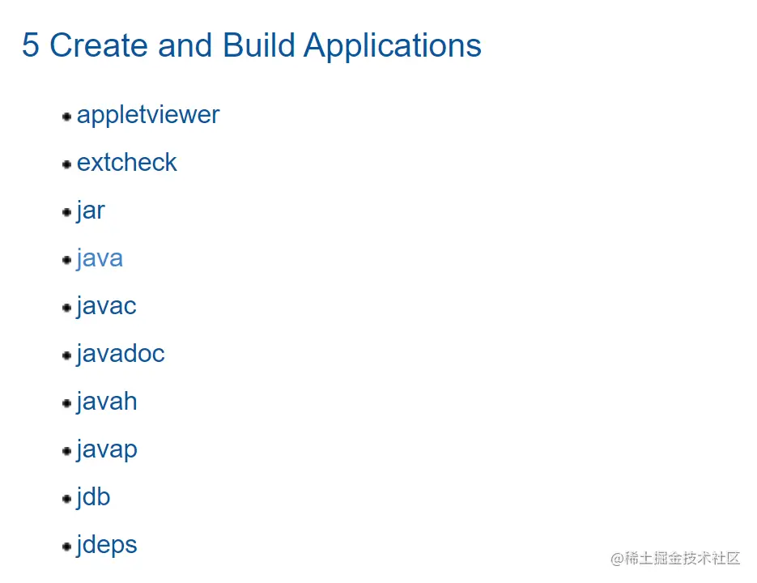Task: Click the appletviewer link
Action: [x=148, y=116]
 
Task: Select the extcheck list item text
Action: [x=127, y=162]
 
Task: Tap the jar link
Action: [x=91, y=211]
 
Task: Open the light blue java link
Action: [x=100, y=259]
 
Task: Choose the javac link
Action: [x=107, y=307]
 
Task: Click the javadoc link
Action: [x=121, y=354]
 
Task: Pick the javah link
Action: [x=107, y=402]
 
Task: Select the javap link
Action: [x=107, y=450]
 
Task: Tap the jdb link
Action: [x=94, y=497]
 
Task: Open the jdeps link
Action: [x=107, y=546]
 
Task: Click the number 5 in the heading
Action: [x=31, y=45]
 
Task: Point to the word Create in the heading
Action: [x=99, y=45]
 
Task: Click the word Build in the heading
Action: [x=259, y=45]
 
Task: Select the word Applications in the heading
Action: [x=393, y=47]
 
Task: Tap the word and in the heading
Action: [x=185, y=45]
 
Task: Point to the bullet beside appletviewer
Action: [x=67, y=117]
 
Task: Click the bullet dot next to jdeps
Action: [x=67, y=547]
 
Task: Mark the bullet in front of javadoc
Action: [x=67, y=355]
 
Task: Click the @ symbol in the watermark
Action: [x=617, y=559]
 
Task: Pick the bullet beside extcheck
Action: [x=67, y=164]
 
